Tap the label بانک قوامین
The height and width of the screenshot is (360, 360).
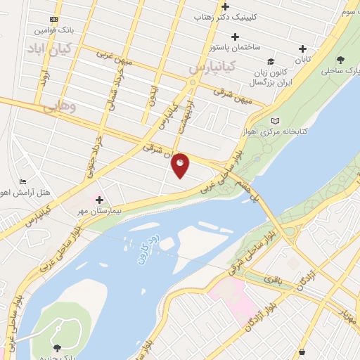[x=54, y=31]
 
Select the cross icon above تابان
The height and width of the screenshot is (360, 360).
[x=303, y=49]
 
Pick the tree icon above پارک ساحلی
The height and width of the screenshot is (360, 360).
[x=341, y=60]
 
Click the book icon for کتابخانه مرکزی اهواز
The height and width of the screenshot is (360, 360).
[x=274, y=121]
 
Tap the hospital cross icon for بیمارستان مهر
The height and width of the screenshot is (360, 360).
[x=100, y=200]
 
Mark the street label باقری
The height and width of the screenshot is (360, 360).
[x=272, y=280]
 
